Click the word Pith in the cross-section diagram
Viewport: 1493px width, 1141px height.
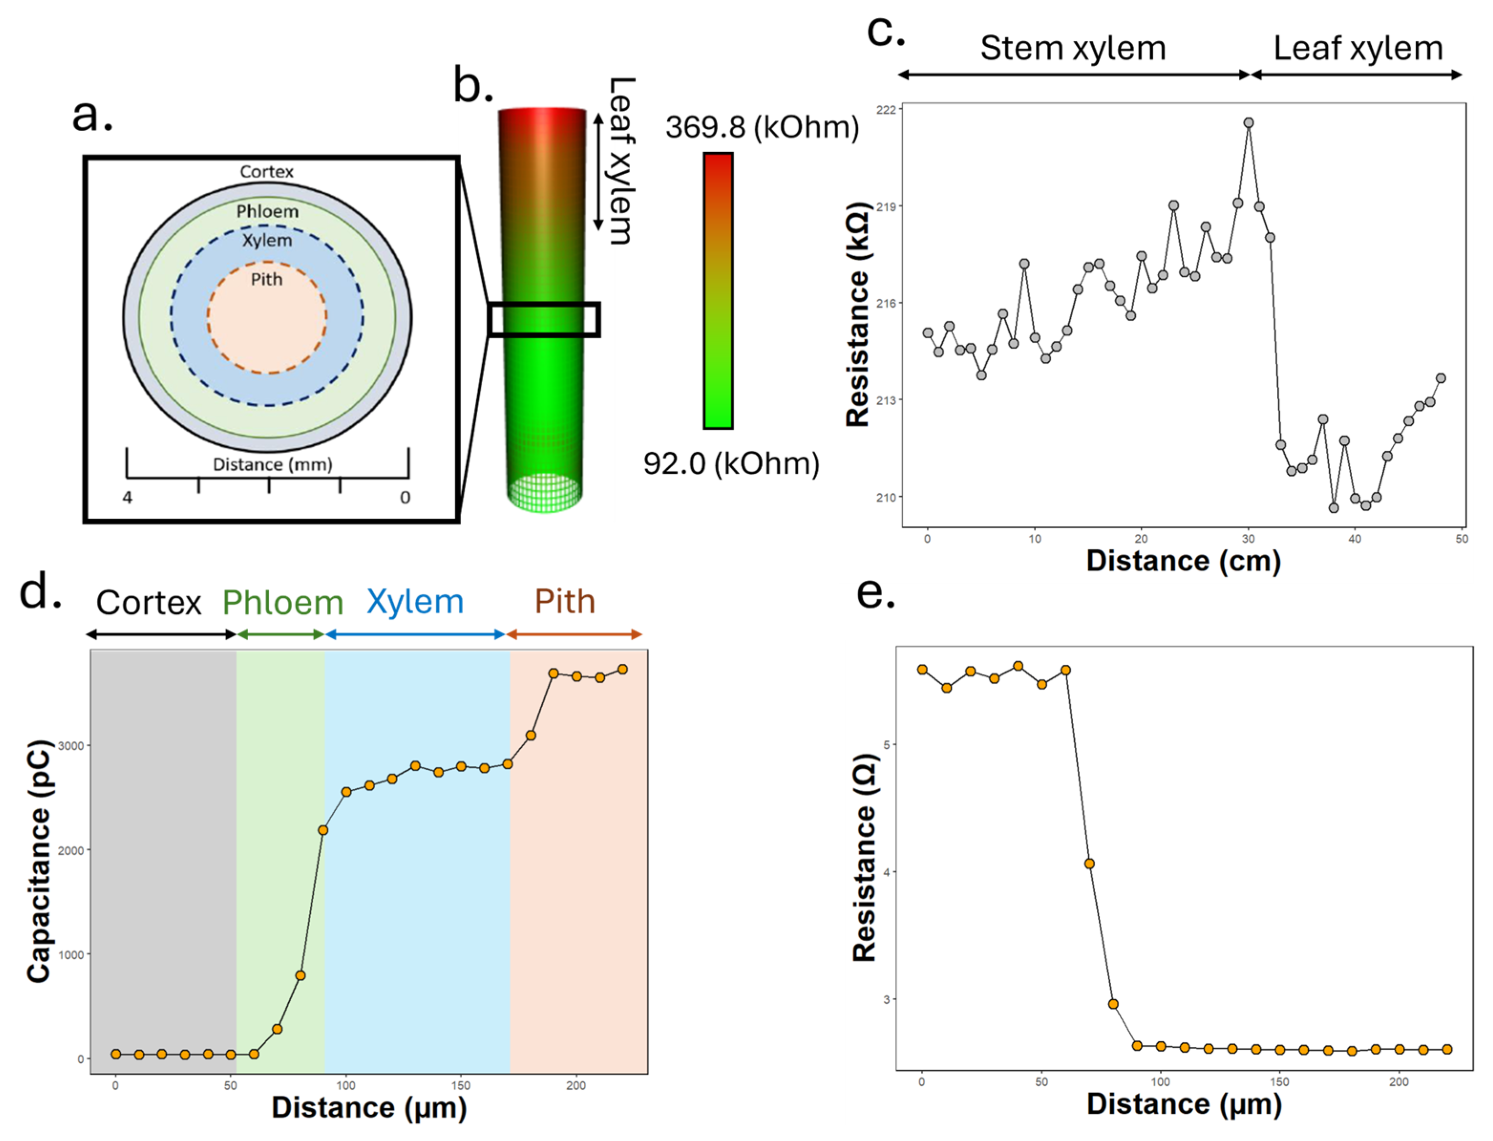point(266,279)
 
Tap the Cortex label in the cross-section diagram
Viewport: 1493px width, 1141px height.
point(266,172)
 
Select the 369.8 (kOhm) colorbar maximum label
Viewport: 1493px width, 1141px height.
point(762,127)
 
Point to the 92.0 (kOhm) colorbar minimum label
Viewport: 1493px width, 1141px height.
point(732,463)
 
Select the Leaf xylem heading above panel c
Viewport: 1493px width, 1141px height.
point(1358,48)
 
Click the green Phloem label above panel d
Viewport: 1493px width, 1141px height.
point(283,602)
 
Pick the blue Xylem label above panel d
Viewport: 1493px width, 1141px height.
point(415,602)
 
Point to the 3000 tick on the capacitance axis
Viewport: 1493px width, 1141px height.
point(71,746)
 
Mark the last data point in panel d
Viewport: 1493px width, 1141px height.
point(622,670)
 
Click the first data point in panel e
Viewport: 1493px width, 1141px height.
point(923,670)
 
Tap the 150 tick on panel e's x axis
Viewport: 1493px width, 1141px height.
point(1280,1082)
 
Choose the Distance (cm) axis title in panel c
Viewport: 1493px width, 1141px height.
point(1183,561)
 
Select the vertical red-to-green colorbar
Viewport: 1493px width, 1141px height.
point(718,291)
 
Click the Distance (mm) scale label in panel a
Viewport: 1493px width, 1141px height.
point(273,464)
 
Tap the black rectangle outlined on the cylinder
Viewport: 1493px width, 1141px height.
point(543,319)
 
